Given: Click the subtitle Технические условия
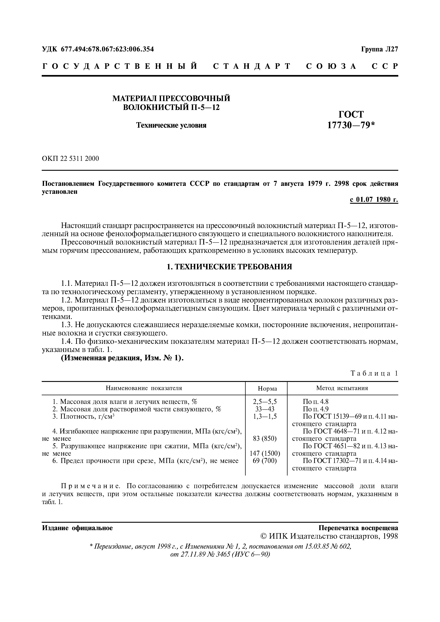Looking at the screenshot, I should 171,125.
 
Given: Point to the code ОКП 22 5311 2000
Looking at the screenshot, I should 70,159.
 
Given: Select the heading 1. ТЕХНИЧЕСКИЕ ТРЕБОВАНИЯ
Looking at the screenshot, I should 229,267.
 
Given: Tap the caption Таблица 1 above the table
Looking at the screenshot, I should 374,373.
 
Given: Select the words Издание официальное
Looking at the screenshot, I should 77,528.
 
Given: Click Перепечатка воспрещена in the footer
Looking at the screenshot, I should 358,528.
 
